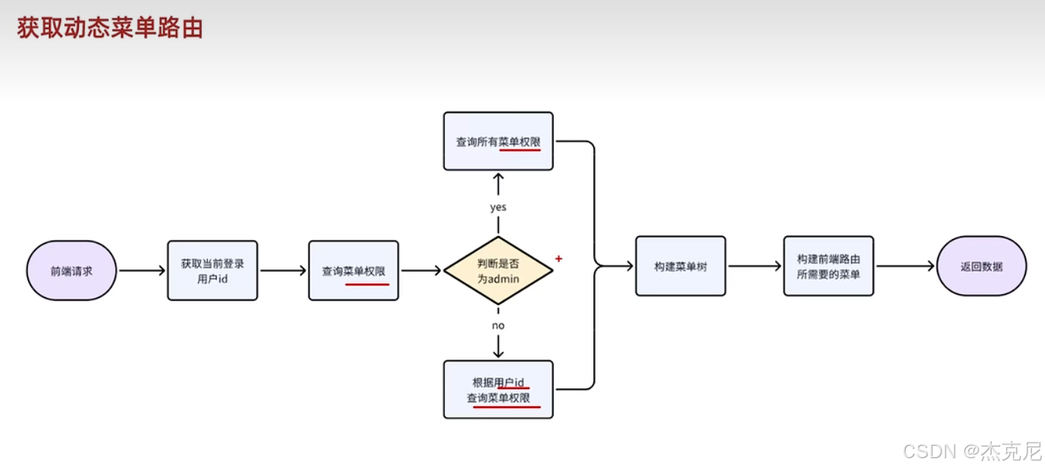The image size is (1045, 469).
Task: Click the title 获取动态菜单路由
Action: pos(110,29)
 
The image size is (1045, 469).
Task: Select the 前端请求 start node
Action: pos(71,271)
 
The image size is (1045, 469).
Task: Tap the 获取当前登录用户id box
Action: pos(212,270)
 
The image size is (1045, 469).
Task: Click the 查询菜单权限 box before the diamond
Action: pos(353,271)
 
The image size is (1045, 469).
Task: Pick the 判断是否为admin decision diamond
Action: pos(498,271)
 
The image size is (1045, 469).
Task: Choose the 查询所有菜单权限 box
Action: pos(498,142)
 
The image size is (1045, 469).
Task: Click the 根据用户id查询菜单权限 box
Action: pos(498,390)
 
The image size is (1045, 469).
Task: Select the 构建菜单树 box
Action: pos(681,266)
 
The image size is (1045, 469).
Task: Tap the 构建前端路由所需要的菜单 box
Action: pos(828,266)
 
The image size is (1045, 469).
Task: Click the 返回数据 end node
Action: pos(982,266)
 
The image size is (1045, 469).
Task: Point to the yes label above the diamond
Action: pos(498,207)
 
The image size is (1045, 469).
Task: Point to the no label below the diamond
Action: pos(498,325)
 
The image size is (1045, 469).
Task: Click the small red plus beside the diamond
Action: pos(558,258)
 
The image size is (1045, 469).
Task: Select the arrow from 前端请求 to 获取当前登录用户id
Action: pos(142,271)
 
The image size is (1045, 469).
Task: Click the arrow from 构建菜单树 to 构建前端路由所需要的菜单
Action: pos(755,266)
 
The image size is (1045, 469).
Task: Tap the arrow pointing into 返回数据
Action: pos(905,266)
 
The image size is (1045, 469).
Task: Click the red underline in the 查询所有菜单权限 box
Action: pos(520,150)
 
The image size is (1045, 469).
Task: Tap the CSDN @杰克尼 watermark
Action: pos(972,451)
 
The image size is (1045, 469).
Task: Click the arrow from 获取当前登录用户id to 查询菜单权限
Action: pos(283,271)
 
